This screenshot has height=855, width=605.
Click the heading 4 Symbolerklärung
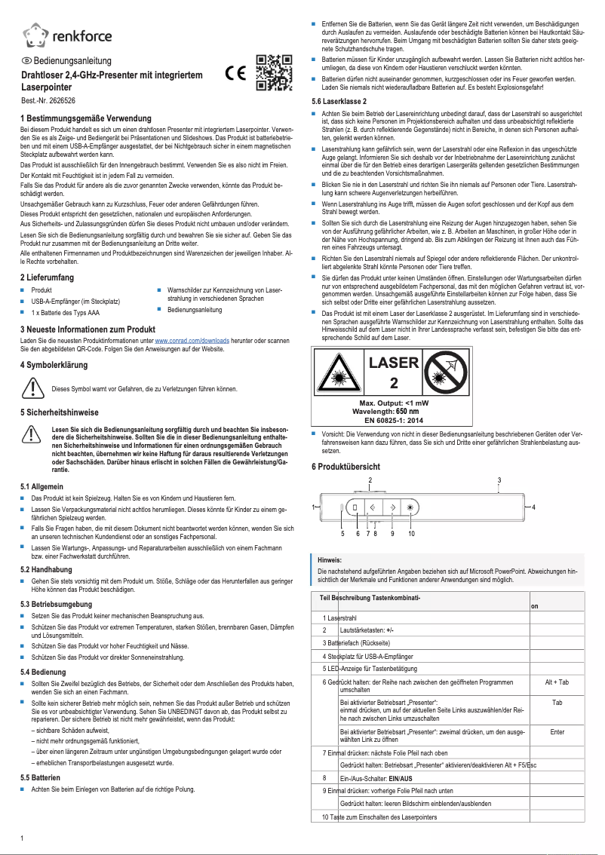[54, 364]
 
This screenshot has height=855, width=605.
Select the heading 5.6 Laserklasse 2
[339, 101]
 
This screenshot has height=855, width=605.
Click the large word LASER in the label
[393, 363]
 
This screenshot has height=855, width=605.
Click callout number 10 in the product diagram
[411, 533]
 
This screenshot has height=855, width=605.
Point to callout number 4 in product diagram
[533, 507]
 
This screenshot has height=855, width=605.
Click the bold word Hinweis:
[330, 560]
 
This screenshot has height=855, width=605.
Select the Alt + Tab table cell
[557, 682]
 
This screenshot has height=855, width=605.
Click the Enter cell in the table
[557, 731]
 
